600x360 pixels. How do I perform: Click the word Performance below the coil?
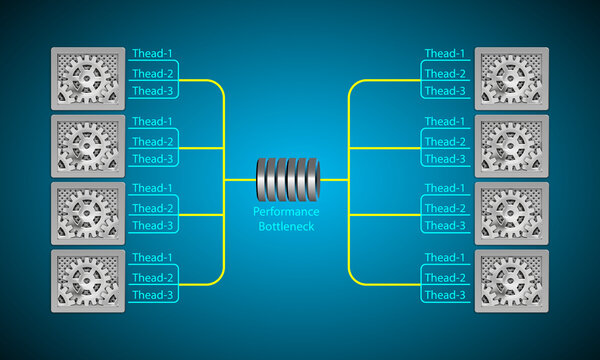[286, 212]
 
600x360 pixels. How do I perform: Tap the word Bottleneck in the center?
[286, 226]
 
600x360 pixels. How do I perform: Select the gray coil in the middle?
[287, 180]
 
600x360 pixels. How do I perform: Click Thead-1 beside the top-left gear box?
[153, 54]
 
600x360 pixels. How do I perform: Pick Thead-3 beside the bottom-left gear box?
[153, 294]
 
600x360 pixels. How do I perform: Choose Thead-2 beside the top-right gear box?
[445, 73]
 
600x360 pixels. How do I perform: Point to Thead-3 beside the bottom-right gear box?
[445, 294]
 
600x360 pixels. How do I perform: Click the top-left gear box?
[88, 77]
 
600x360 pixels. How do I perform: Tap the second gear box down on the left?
[88, 145]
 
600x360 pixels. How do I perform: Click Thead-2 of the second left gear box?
[153, 141]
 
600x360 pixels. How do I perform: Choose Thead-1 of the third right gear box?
[445, 189]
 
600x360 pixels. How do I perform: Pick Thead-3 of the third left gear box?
[153, 226]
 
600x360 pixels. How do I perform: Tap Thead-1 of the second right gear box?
[445, 122]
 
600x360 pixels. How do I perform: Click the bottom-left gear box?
[88, 281]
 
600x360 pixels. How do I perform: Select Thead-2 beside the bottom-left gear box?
[153, 277]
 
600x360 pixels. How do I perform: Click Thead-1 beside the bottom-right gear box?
[445, 258]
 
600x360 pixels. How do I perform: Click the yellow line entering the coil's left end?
[240, 180]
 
